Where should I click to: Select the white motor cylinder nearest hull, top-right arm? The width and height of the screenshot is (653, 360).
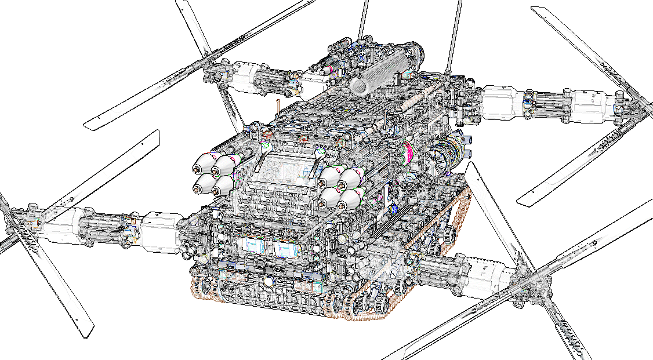500,102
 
